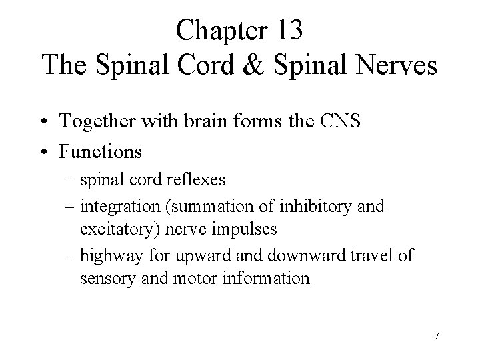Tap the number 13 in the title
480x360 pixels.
point(288,31)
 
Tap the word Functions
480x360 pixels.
point(101,151)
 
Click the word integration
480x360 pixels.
point(119,207)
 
